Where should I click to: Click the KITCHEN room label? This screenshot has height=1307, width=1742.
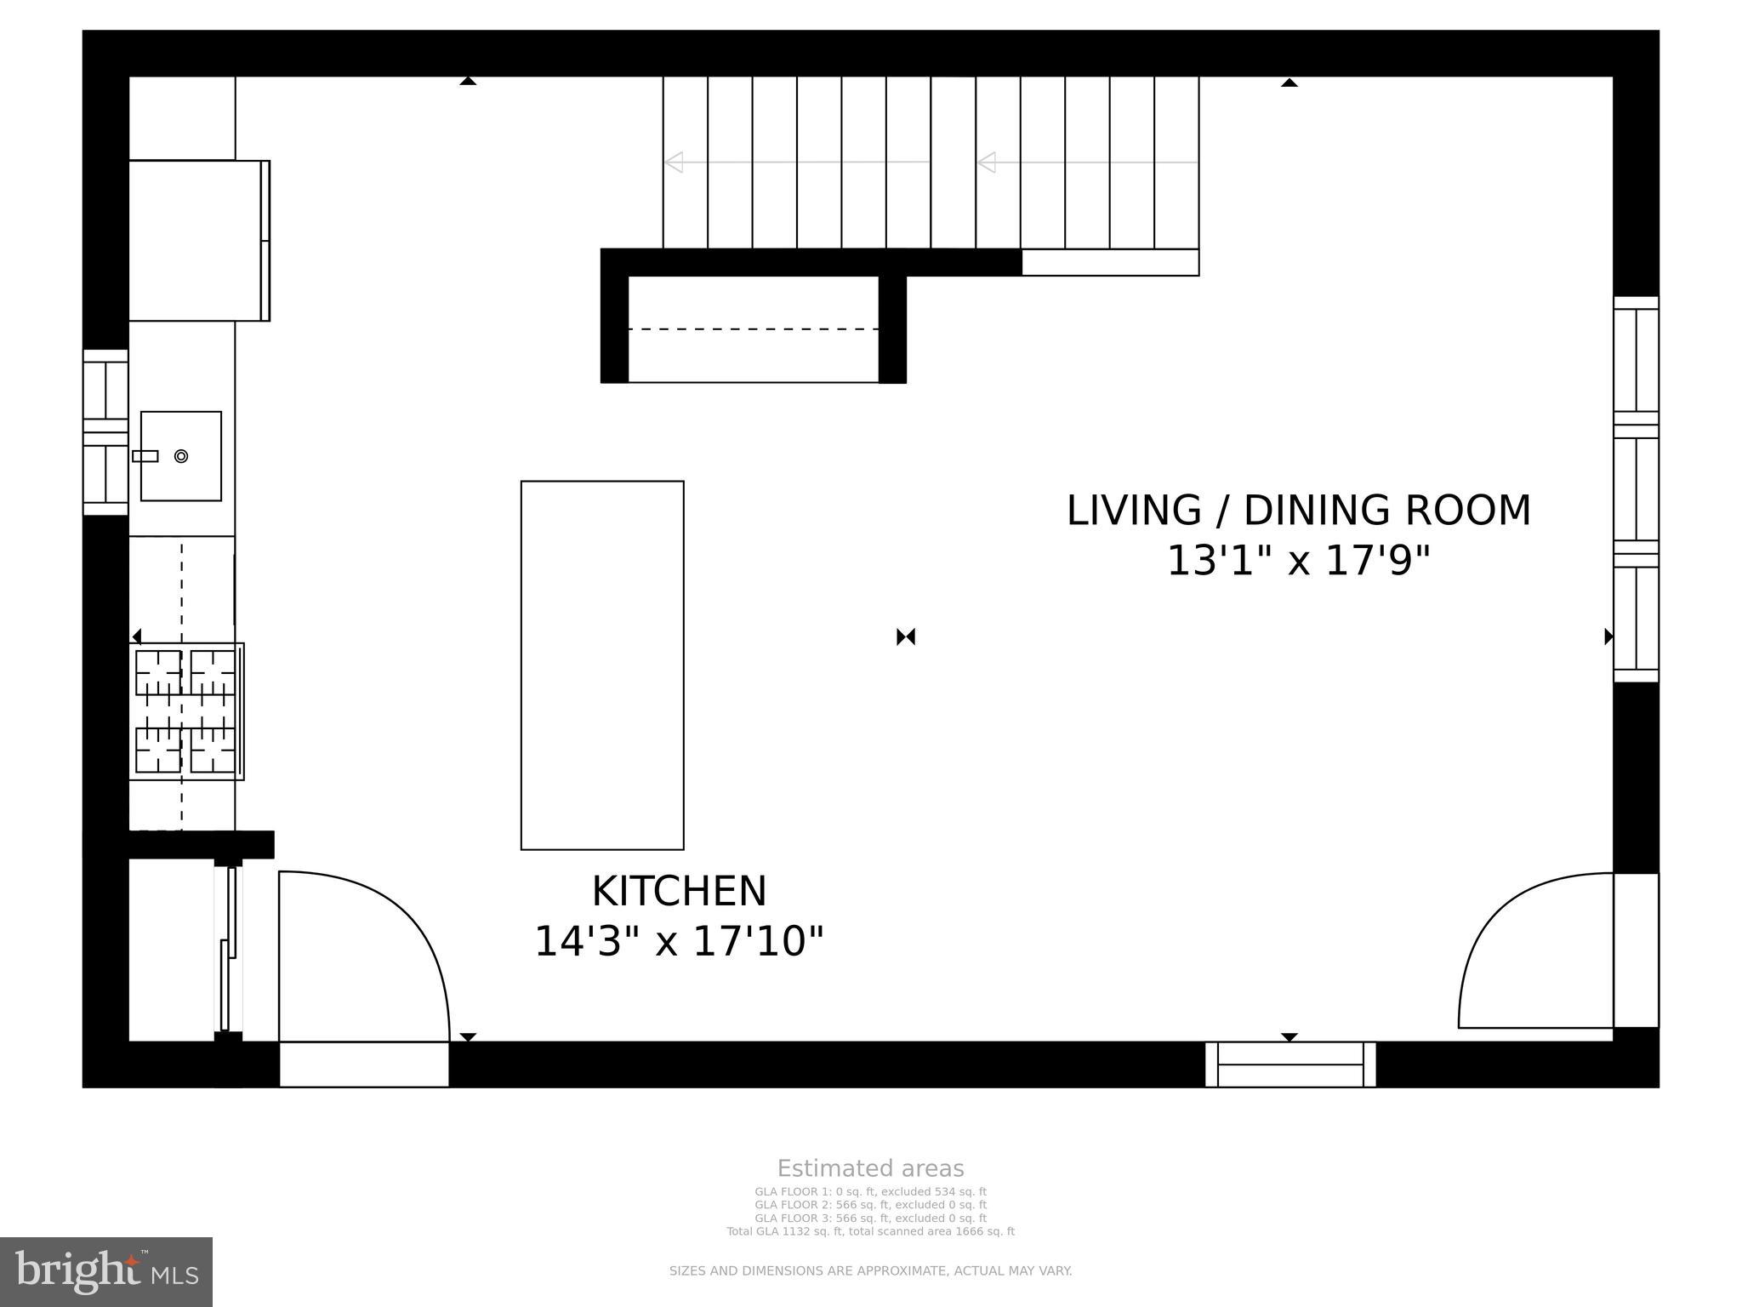[679, 892]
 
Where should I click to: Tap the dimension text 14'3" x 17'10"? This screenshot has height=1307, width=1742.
[679, 942]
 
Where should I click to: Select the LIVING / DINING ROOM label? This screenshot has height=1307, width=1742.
[1298, 511]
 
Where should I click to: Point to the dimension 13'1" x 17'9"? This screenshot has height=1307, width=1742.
[1298, 562]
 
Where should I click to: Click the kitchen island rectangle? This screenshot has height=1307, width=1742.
[602, 665]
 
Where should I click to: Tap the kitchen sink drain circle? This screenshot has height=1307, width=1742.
[181, 456]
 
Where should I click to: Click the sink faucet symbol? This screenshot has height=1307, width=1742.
[145, 456]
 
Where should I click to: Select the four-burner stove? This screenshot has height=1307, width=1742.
[185, 711]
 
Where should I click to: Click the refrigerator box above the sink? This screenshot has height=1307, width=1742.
[197, 240]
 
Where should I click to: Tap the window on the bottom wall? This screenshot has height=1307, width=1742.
[1289, 1064]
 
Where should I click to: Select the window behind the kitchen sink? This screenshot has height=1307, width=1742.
[105, 432]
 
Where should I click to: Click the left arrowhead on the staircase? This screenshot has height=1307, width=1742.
[674, 162]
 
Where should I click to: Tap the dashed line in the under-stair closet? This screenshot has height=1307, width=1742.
[753, 328]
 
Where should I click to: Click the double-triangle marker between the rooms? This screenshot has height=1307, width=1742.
[906, 636]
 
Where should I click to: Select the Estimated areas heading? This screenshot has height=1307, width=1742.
[870, 1168]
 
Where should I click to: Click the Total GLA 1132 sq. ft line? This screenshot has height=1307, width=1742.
[870, 1231]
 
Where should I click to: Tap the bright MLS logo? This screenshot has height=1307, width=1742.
[106, 1271]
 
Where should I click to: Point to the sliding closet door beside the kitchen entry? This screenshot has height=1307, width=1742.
[228, 949]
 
